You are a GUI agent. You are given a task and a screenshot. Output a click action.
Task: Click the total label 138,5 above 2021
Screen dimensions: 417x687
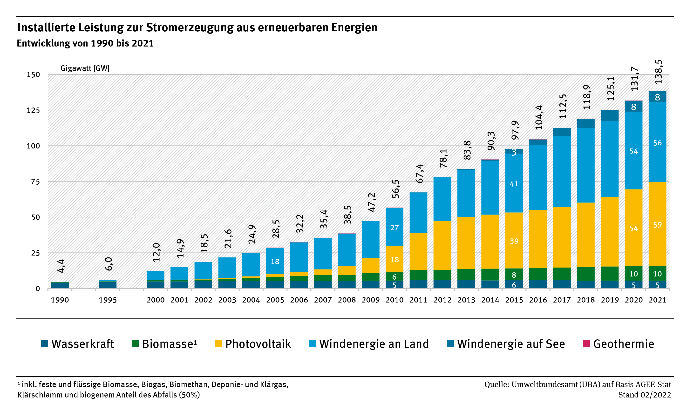coord(658,72)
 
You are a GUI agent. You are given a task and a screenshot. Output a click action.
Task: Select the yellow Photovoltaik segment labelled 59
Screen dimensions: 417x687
coord(657,225)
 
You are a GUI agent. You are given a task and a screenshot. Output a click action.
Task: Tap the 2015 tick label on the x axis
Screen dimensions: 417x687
coord(514,300)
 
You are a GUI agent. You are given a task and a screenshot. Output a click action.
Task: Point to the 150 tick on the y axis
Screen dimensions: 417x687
coord(33,75)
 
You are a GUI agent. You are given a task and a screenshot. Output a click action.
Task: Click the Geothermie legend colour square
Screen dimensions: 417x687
coord(586,344)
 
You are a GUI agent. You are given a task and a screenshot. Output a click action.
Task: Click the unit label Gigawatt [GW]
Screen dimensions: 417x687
coord(85,68)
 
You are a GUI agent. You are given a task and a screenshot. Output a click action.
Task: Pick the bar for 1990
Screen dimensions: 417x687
coord(60,285)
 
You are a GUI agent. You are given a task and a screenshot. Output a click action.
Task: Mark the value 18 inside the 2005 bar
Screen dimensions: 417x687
coord(275,262)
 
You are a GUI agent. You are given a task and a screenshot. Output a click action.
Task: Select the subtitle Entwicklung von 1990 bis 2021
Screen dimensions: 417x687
coord(85,43)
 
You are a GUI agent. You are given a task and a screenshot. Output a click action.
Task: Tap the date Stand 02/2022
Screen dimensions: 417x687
coord(644,395)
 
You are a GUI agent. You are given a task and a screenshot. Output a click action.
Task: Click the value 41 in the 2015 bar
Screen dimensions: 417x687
coord(514,184)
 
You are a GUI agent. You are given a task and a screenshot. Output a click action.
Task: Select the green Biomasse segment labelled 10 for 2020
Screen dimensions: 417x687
coord(633,274)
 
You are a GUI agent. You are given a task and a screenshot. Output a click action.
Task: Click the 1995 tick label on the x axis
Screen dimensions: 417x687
coord(108,300)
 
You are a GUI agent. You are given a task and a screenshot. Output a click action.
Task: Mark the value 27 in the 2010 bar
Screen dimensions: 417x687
coord(394,228)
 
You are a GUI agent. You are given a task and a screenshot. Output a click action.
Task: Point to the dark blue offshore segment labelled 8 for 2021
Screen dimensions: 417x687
coord(657,97)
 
